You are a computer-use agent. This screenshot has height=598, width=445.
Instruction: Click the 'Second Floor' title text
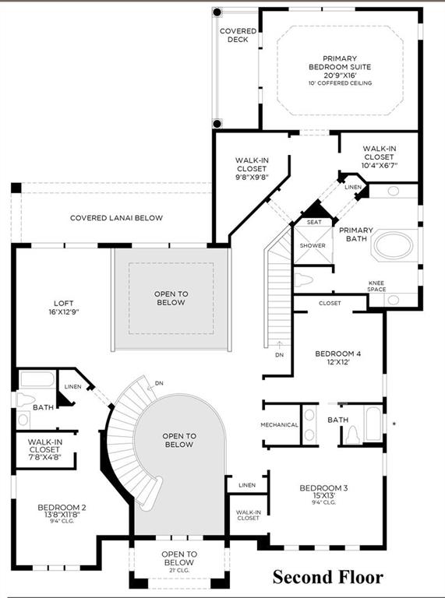[x=327, y=577]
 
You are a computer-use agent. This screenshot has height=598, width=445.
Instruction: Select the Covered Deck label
[x=238, y=35]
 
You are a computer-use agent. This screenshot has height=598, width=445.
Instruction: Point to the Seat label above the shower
[x=314, y=222]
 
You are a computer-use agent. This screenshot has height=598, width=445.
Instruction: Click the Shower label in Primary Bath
[x=313, y=245]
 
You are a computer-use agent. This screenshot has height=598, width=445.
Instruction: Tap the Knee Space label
[x=376, y=286]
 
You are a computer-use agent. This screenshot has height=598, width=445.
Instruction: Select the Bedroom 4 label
[x=337, y=358]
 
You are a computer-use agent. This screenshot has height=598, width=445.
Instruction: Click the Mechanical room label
[x=279, y=424]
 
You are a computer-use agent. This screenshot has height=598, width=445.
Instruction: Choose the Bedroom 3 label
[x=323, y=494]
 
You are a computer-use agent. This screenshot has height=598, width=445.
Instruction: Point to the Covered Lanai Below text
[x=116, y=218]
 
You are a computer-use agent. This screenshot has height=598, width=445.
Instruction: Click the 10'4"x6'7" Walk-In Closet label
[x=380, y=156]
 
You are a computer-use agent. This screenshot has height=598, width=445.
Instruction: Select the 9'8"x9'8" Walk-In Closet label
[x=252, y=168]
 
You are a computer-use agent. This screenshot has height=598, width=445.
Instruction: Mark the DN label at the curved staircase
[x=160, y=383]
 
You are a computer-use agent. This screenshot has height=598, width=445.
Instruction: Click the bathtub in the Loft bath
[x=36, y=380]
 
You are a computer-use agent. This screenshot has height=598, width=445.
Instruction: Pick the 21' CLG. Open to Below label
[x=178, y=561]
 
